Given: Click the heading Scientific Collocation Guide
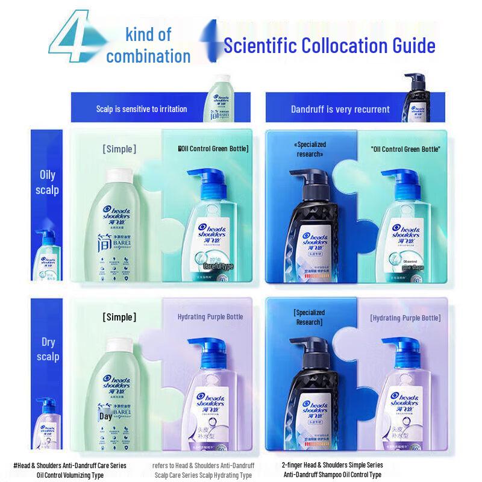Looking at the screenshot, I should (x=329, y=45).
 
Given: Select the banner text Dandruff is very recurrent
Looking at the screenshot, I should (x=340, y=109).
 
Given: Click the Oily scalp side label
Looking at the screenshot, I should (x=48, y=182).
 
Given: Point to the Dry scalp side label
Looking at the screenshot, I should (x=48, y=349).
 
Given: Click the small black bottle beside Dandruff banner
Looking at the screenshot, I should (x=416, y=96).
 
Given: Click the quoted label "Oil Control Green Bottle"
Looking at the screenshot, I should (x=405, y=149).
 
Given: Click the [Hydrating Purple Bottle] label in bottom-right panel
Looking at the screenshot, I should (x=405, y=318).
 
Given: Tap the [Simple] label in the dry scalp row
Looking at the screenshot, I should (x=119, y=317).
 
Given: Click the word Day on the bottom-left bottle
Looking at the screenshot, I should (x=105, y=416).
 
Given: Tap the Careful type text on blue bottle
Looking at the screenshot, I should (x=218, y=265).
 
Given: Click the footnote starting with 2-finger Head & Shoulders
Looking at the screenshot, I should (x=332, y=469).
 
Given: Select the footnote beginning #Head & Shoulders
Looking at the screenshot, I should (x=70, y=469).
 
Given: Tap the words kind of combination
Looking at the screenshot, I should (x=148, y=45).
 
